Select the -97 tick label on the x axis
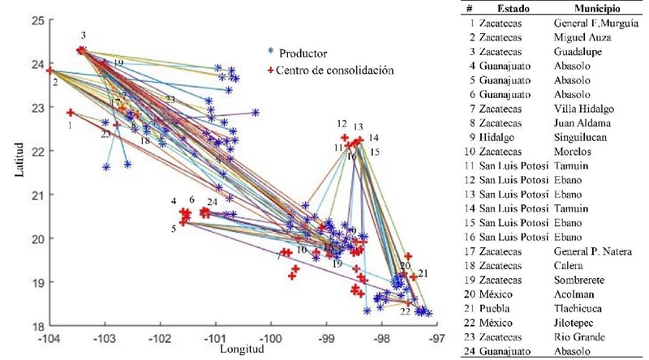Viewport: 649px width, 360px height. (437, 336)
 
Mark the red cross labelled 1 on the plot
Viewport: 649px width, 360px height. (71, 113)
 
